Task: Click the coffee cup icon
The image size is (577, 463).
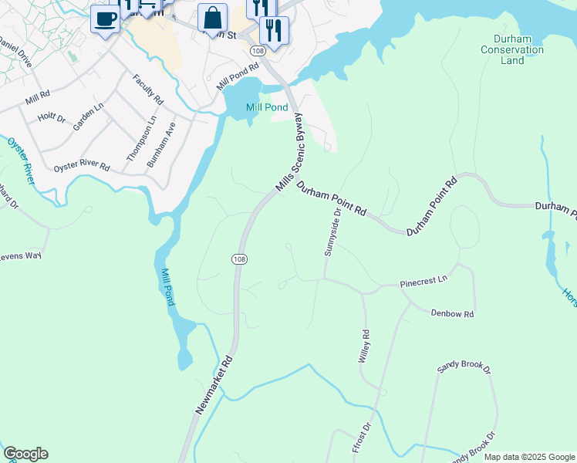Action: pyautogui.click(x=105, y=18)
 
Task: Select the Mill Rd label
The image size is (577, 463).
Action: pyautogui.click(x=36, y=99)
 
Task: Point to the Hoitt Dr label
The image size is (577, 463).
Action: pyautogui.click(x=52, y=119)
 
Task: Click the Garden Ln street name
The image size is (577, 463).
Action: pyautogui.click(x=88, y=117)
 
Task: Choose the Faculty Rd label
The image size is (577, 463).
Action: pyautogui.click(x=147, y=90)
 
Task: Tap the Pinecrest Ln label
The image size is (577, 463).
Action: pyautogui.click(x=423, y=283)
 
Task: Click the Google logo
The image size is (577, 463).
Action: pyautogui.click(x=25, y=454)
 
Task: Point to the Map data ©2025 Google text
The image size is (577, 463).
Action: pyautogui.click(x=529, y=457)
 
